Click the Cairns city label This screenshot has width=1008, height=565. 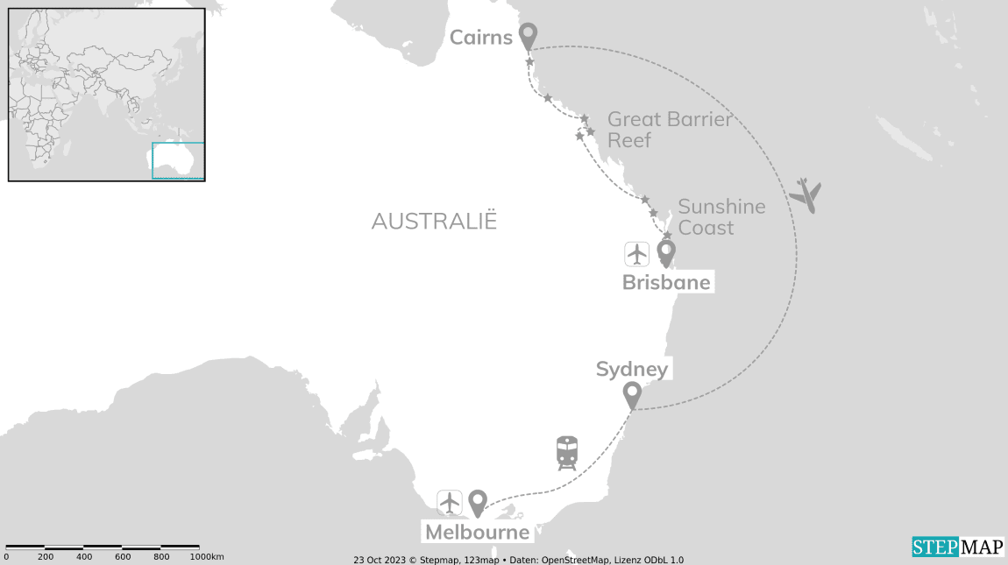tap(480, 37)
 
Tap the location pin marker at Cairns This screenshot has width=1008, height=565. tap(528, 36)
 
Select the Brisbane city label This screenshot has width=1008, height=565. tap(666, 283)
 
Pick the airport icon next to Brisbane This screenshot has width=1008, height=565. tap(636, 253)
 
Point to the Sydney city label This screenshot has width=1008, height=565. tap(631, 370)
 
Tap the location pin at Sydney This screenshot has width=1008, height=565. tap(631, 395)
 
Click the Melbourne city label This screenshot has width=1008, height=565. tap(477, 532)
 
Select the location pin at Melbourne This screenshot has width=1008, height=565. tap(477, 503)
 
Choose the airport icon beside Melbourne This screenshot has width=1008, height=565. tap(450, 503)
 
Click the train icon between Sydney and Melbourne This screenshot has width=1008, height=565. tap(567, 453)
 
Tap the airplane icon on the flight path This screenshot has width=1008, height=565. tap(806, 194)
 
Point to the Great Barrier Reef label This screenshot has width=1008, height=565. tap(669, 129)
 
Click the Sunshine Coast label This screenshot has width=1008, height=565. tap(721, 216)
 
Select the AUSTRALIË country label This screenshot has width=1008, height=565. tap(434, 221)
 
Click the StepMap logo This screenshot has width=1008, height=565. tap(957, 547)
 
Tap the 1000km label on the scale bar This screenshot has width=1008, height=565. tap(207, 557)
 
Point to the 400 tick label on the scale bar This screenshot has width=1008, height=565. tap(84, 557)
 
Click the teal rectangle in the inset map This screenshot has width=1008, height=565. tap(178, 160)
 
